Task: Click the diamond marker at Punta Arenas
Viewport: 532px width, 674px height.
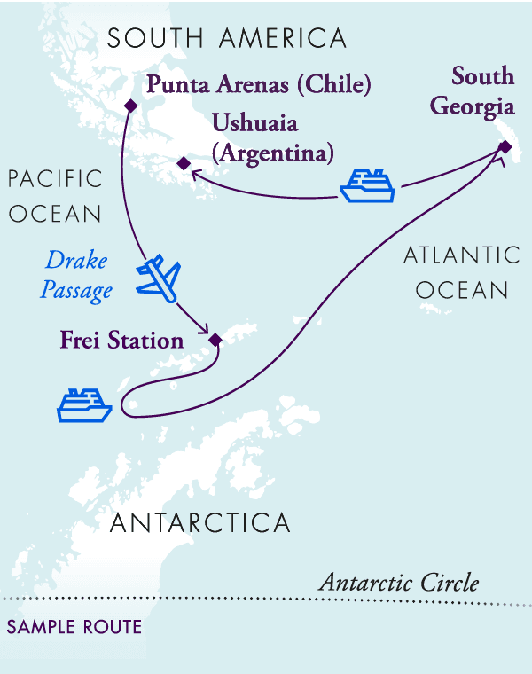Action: [131, 106]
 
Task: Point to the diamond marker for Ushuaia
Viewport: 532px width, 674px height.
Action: [183, 163]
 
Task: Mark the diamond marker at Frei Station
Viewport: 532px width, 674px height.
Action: [214, 339]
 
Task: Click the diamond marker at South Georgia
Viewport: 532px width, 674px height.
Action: [504, 146]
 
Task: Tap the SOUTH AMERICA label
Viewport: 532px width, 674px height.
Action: [227, 39]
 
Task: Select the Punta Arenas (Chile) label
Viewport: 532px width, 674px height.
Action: [258, 85]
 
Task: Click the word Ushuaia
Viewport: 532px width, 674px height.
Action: [254, 123]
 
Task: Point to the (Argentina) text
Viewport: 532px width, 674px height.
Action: [273, 152]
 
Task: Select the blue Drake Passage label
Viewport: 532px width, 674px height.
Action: [77, 276]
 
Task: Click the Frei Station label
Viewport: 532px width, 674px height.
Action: [122, 340]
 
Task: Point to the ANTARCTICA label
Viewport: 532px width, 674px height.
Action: [200, 522]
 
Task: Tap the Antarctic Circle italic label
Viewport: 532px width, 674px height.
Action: [399, 583]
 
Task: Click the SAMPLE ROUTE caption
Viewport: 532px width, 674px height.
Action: [74, 627]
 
